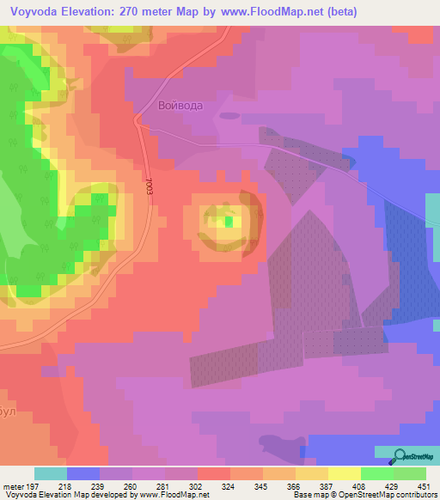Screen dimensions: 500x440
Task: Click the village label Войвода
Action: point(180,106)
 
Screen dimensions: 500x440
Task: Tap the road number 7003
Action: point(149,187)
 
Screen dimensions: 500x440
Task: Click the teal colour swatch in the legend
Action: point(50,473)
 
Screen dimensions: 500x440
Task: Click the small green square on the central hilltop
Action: point(229,222)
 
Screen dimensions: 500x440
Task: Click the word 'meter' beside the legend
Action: point(13,486)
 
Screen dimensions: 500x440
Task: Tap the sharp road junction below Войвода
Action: point(137,120)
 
